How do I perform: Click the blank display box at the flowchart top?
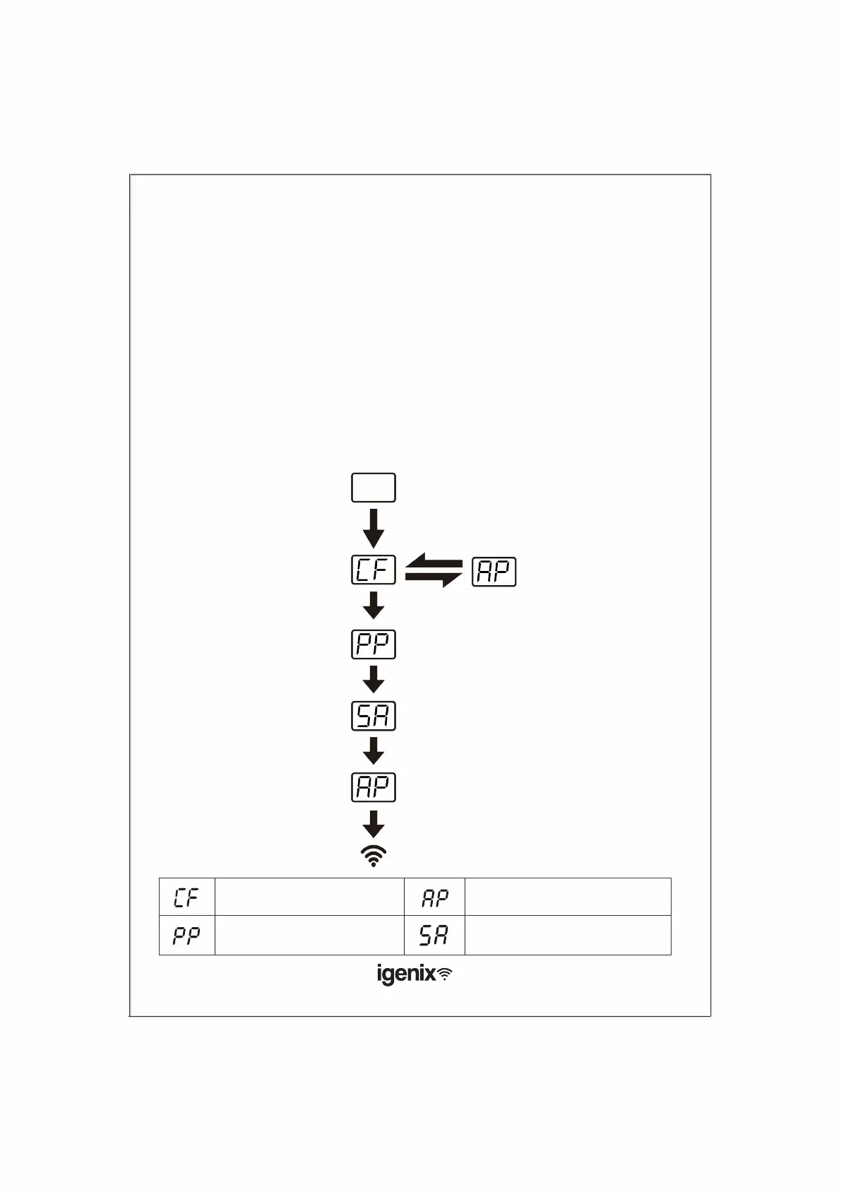tap(374, 488)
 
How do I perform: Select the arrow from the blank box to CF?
tap(374, 528)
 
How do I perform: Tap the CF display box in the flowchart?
tap(374, 570)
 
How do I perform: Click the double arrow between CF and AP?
tap(434, 572)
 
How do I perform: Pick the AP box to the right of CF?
tap(494, 572)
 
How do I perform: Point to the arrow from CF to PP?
tap(374, 606)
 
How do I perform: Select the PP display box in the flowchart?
tap(374, 644)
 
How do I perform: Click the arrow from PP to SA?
tap(374, 679)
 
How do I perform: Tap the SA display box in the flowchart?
tap(374, 716)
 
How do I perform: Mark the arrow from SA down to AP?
tap(374, 750)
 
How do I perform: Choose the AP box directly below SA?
tap(374, 787)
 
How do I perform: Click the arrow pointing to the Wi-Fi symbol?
tap(374, 824)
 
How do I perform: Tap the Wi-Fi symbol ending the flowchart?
tap(374, 856)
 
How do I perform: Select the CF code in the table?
tap(186, 897)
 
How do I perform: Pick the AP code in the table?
tap(435, 897)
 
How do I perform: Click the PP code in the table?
tap(186, 936)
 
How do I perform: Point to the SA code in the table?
tap(434, 936)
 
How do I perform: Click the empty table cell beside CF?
tap(309, 897)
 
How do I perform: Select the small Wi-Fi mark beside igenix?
tap(446, 974)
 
